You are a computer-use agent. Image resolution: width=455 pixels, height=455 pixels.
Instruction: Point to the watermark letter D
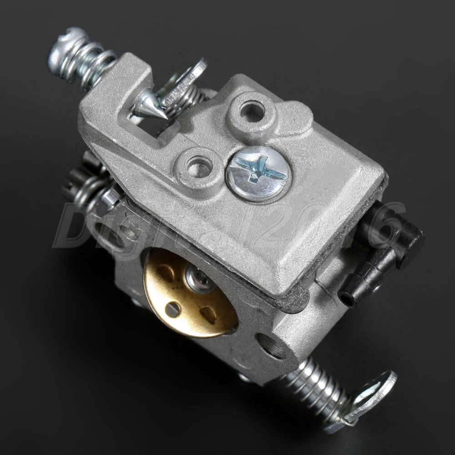point(75,225)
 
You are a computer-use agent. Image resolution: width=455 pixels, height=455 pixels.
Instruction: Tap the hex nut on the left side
point(109,197)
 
